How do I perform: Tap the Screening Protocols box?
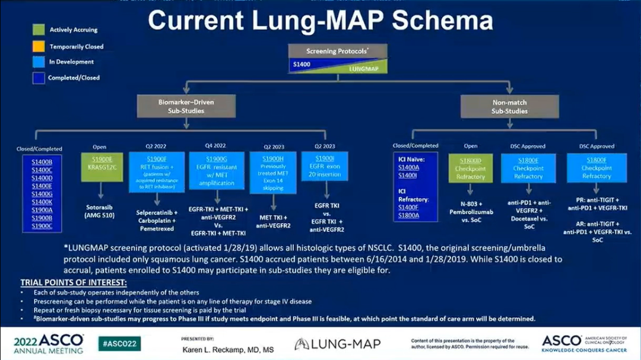coord(337,51)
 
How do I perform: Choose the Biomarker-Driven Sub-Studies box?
coord(186,106)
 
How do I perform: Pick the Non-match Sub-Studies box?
coord(509,106)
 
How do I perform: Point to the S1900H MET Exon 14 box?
coord(272,172)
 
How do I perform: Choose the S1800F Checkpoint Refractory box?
coord(596,168)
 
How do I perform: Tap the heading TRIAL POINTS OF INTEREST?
coord(74,282)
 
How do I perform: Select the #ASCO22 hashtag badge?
coord(119,343)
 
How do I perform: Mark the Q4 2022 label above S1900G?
coord(216,146)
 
